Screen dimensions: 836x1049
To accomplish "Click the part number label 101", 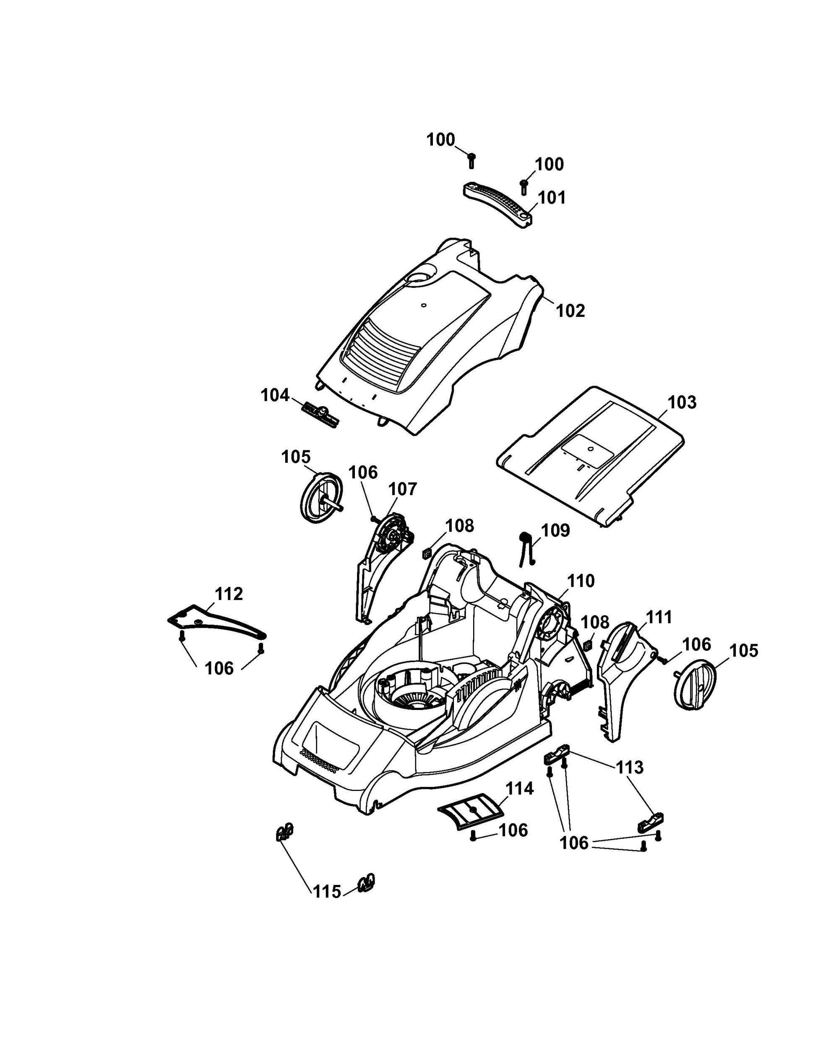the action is pyautogui.click(x=552, y=198).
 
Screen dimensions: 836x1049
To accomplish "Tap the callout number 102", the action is pyautogui.click(x=570, y=311).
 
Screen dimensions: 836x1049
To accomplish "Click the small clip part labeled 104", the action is pyautogui.click(x=320, y=415).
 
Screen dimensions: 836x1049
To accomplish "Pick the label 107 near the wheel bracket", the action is pyautogui.click(x=402, y=490).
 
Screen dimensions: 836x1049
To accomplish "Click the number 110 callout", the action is pyautogui.click(x=581, y=581).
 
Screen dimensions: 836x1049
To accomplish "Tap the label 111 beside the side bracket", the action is pyautogui.click(x=659, y=617).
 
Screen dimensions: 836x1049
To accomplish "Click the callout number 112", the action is pyautogui.click(x=229, y=594).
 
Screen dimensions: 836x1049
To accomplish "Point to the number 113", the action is pyautogui.click(x=630, y=767).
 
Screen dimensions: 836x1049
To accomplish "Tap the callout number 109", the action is pyautogui.click(x=555, y=530).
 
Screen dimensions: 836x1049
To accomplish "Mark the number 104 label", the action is pyautogui.click(x=275, y=395).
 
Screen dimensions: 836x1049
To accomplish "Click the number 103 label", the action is pyautogui.click(x=682, y=402).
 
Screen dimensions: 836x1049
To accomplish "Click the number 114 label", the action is pyautogui.click(x=519, y=789).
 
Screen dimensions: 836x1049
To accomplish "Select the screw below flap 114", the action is pyautogui.click(x=473, y=836).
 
